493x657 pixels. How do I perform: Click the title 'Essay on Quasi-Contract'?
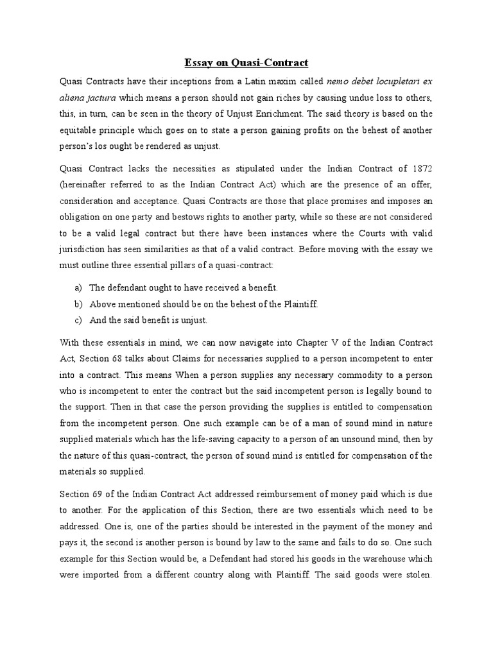(x=246, y=63)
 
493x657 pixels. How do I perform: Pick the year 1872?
(x=420, y=168)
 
